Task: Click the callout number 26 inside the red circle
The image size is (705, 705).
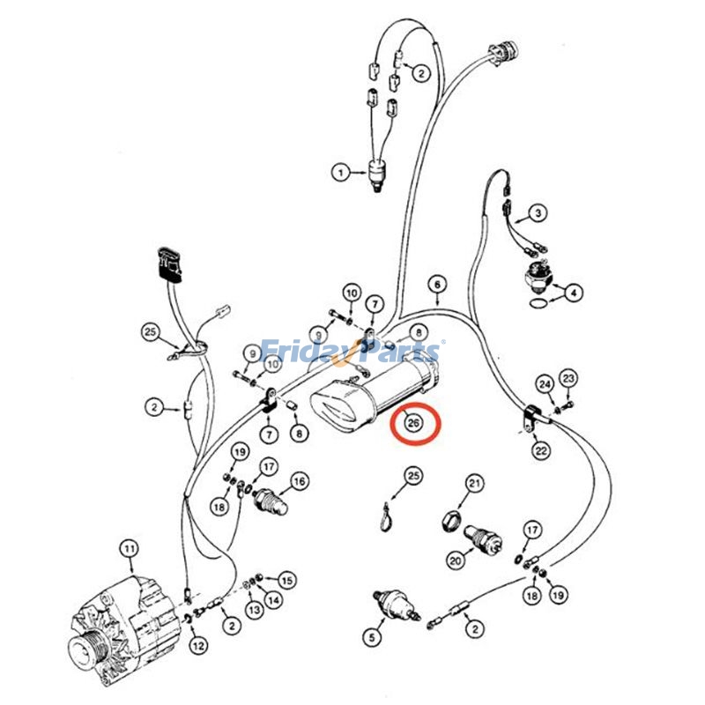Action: pos(412,424)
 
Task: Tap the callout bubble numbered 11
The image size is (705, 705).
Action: pos(130,549)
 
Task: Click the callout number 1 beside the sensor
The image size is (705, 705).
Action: pos(340,172)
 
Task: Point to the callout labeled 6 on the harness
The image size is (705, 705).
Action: pos(436,284)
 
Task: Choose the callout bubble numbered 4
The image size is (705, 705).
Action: pos(574,293)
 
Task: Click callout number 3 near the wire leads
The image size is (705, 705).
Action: pos(538,212)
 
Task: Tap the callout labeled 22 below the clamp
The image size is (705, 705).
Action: pos(541,450)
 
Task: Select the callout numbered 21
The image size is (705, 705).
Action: pos(476,483)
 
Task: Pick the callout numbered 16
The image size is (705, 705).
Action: pos(301,481)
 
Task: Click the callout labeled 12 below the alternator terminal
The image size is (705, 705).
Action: pos(198,645)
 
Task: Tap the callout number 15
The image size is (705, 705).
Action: pos(286,580)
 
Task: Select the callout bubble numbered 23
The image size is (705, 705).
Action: pos(568,379)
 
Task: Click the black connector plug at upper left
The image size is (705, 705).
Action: pos(169,262)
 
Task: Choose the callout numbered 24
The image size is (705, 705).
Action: pos(545,384)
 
